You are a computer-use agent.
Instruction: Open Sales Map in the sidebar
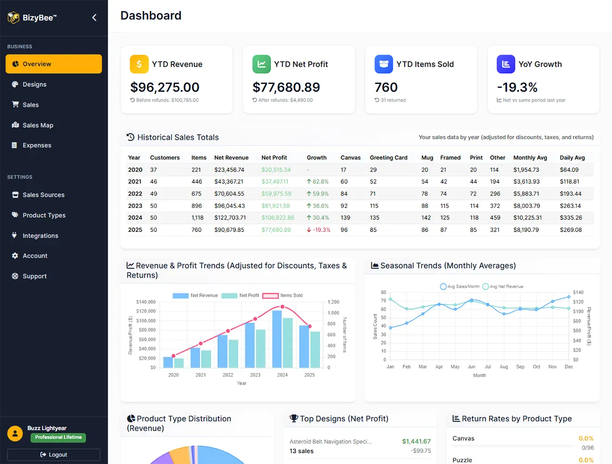tap(38, 125)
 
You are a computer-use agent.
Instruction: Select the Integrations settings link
tap(40, 236)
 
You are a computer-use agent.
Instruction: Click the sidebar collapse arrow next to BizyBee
tap(94, 18)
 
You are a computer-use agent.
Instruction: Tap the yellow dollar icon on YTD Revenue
tap(139, 64)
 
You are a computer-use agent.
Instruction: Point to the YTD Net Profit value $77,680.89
tap(286, 87)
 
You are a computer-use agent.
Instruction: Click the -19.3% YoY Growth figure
tap(517, 87)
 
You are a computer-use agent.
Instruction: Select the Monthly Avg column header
tap(530, 158)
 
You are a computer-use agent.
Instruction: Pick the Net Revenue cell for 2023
tap(229, 206)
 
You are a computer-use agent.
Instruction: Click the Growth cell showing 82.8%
tap(318, 182)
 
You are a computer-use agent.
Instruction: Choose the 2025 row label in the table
tap(135, 230)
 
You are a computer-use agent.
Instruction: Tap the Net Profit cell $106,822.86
tap(278, 218)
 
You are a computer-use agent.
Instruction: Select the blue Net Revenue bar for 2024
tap(277, 339)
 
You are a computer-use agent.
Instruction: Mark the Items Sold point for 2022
tap(228, 331)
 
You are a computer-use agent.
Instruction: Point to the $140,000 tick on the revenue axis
tap(146, 302)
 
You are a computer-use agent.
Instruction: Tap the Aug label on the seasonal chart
tap(504, 367)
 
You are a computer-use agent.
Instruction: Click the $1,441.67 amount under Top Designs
tap(416, 441)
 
